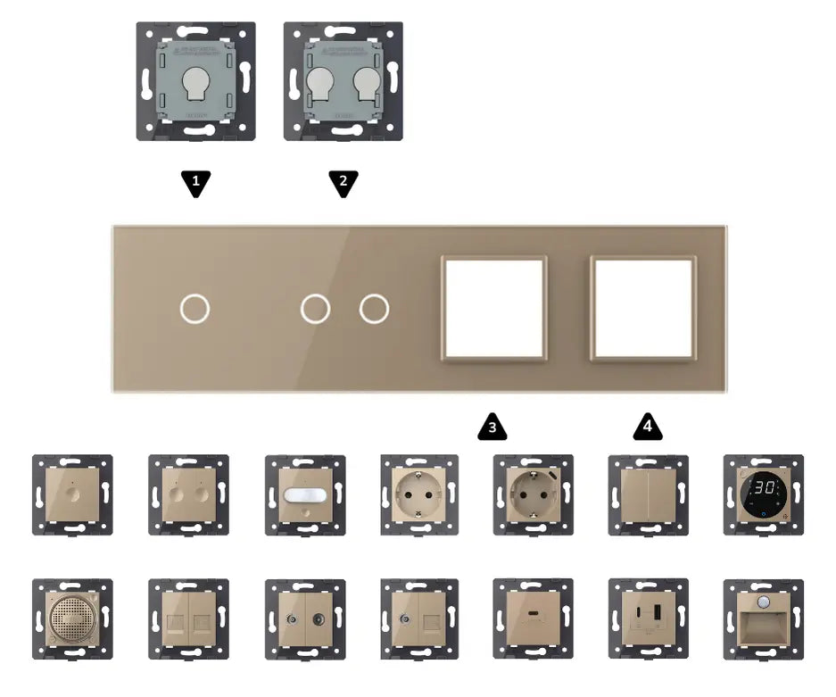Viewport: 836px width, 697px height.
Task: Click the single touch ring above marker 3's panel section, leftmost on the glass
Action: pyautogui.click(x=194, y=309)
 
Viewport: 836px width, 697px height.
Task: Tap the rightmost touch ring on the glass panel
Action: pyautogui.click(x=374, y=309)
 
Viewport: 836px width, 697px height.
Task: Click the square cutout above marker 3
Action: pyautogui.click(x=494, y=308)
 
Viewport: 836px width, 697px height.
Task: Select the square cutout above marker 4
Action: pyautogui.click(x=643, y=308)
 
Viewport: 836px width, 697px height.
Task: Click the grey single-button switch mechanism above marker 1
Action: pyautogui.click(x=196, y=81)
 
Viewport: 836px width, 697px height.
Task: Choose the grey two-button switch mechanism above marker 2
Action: pyautogui.click(x=344, y=81)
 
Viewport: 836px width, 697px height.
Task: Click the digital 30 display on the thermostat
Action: pyautogui.click(x=763, y=488)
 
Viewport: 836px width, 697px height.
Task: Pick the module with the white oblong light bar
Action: pyautogui.click(x=304, y=495)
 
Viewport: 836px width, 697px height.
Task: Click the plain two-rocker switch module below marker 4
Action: pyautogui.click(x=648, y=495)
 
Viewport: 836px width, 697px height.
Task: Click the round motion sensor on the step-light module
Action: pyautogui.click(x=763, y=598)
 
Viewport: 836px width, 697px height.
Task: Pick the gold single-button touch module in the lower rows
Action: pyautogui.click(x=72, y=495)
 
